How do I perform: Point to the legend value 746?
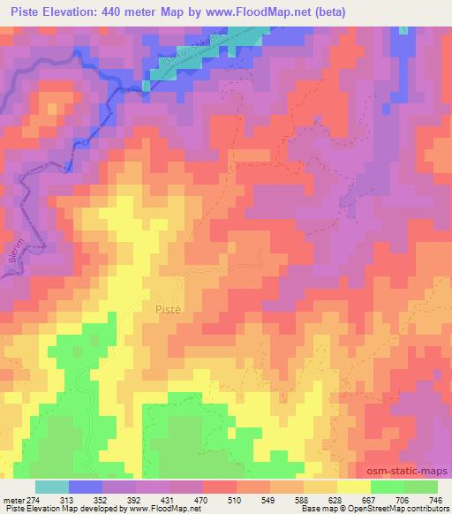point(434,499)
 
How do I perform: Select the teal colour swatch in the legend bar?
point(52,487)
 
